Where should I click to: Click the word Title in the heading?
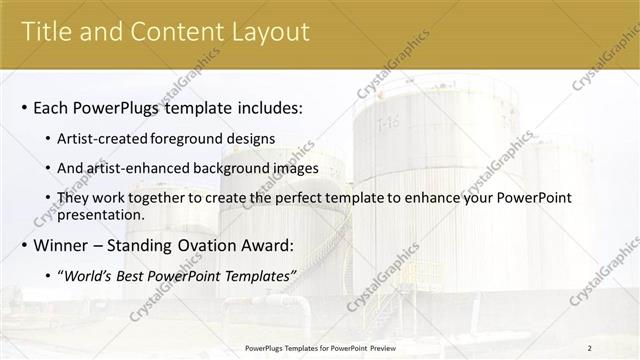coord(47,32)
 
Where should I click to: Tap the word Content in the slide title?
coord(171,32)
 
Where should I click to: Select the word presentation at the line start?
coord(103,214)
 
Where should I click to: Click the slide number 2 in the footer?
coord(590,348)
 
